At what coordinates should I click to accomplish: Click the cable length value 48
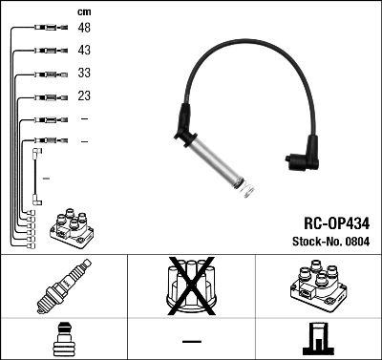(84, 28)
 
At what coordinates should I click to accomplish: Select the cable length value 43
(84, 50)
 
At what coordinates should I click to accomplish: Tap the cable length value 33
(84, 73)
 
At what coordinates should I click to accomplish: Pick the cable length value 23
(84, 95)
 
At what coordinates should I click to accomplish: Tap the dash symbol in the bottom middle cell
(191, 341)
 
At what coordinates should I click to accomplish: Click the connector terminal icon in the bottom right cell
(318, 339)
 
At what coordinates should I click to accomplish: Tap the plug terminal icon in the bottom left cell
(63, 339)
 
